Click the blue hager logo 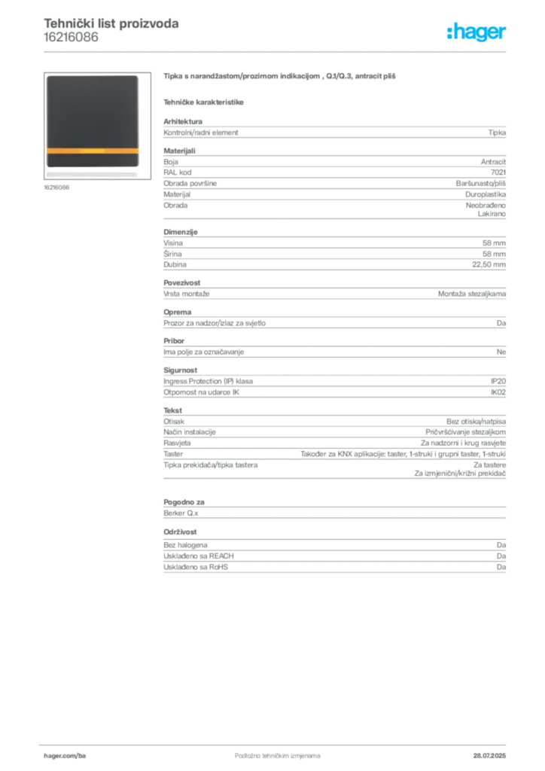click(x=478, y=33)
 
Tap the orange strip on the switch click(x=93, y=151)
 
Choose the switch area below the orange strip click(x=93, y=166)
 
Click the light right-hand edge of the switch click(x=140, y=124)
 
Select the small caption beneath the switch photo click(x=57, y=188)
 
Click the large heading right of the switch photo click(x=279, y=77)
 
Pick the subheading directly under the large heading click(x=205, y=101)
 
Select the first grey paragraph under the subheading click(x=334, y=131)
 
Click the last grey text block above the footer click(x=334, y=558)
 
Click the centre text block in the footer click(x=271, y=752)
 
